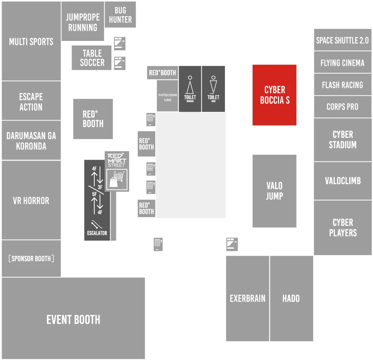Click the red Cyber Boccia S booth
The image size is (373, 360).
click(274, 95)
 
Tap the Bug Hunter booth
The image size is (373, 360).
click(120, 14)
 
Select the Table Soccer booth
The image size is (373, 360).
click(92, 58)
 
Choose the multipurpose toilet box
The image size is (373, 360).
click(167, 96)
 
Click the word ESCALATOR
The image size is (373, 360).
click(97, 233)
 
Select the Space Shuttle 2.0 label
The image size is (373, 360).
click(342, 41)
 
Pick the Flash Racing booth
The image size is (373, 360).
click(343, 85)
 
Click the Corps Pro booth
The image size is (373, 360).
click(343, 107)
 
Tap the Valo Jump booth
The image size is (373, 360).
click(274, 191)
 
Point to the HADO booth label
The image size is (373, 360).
click(291, 298)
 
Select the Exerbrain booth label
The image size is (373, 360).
click(247, 298)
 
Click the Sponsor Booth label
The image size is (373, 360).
click(31, 258)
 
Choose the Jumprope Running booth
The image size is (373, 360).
click(83, 21)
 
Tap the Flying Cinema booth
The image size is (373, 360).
click(343, 63)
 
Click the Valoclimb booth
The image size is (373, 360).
click(343, 181)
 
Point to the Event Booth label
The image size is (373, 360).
click(73, 319)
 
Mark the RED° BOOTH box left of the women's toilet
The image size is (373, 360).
click(162, 73)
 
